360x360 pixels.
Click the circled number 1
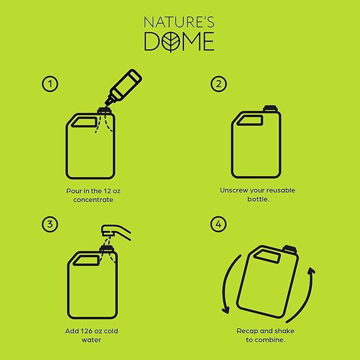50,84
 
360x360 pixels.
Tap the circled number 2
218,84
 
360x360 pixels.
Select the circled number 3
50,224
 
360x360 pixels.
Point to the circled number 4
218,224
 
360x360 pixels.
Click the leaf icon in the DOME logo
171,41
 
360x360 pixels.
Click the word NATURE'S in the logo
179,22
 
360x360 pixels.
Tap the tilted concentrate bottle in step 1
124,87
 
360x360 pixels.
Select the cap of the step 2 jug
270,108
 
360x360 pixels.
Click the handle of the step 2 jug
250,120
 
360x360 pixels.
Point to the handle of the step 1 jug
84,122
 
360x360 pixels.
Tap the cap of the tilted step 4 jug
289,249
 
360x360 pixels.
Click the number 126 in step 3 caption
87,331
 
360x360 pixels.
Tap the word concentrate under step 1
93,200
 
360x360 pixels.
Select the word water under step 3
91,340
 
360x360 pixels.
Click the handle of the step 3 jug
86,260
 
